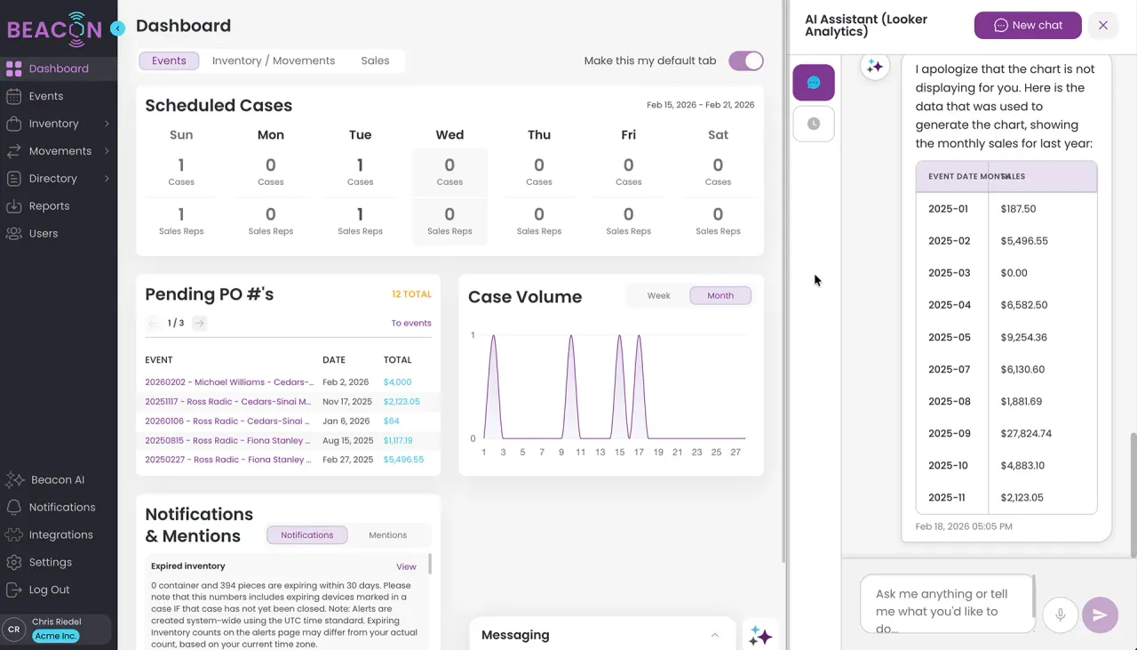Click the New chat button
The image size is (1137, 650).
tap(1027, 25)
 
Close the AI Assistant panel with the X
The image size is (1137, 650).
tap(1103, 25)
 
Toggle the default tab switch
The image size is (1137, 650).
tap(745, 60)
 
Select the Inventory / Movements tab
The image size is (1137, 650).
tap(274, 60)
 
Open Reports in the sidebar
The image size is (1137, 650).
tap(49, 205)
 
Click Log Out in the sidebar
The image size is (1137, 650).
tap(49, 590)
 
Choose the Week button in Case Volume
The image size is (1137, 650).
tap(658, 295)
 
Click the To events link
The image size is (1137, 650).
tap(411, 323)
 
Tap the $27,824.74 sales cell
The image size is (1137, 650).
tap(1026, 433)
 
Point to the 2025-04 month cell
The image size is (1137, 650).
tap(950, 305)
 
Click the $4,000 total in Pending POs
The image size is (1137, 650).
tap(397, 382)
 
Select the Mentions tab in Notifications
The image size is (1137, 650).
tap(387, 535)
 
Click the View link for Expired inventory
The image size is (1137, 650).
tap(406, 566)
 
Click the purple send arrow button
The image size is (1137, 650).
tap(1100, 614)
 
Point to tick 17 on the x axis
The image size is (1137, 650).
tap(639, 452)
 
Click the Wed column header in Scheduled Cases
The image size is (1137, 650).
tap(449, 135)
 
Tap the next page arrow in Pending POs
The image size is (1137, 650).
tap(199, 323)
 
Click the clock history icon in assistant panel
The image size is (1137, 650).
tap(813, 124)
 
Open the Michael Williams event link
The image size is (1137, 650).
tap(229, 382)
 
